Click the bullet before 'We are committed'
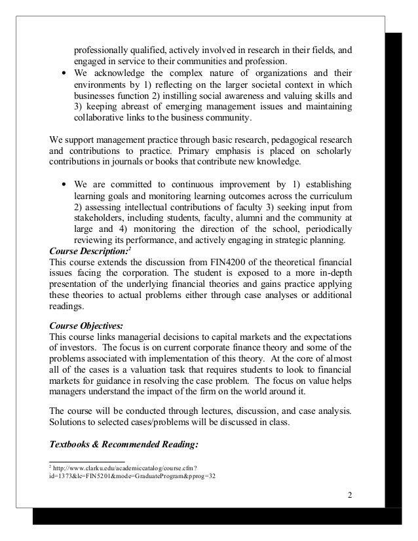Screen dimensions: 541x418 62,184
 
